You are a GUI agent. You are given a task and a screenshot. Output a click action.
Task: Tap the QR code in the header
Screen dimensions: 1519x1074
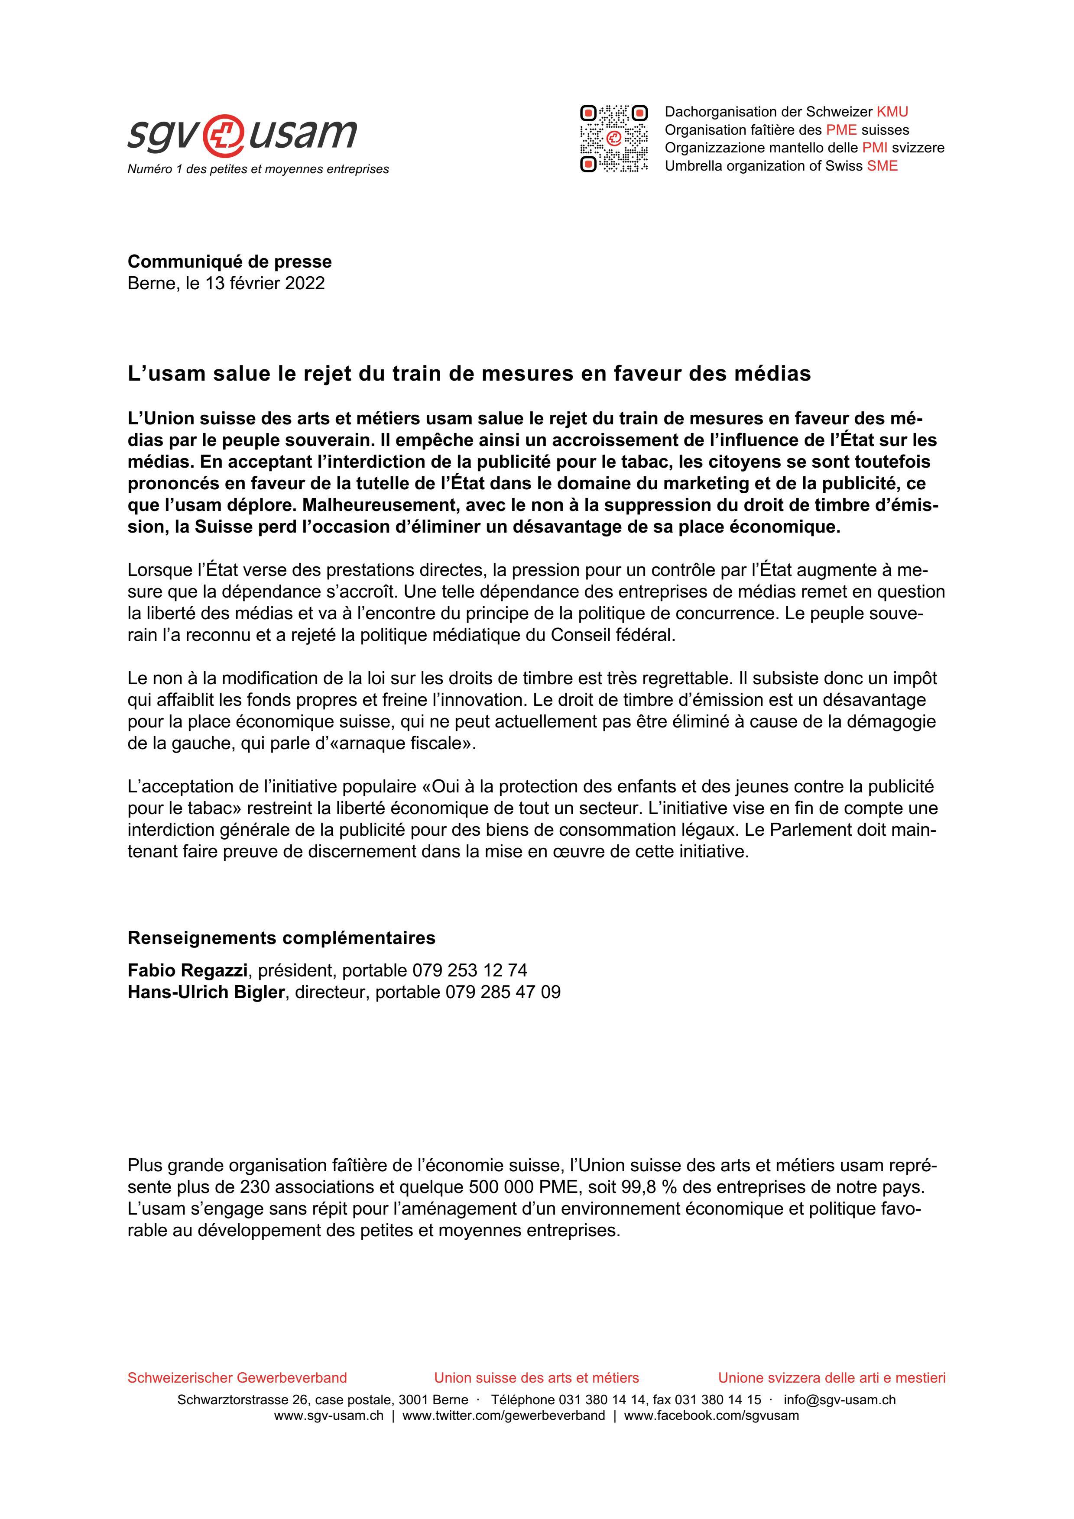613,139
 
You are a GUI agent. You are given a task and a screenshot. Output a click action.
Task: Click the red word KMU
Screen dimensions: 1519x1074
892,112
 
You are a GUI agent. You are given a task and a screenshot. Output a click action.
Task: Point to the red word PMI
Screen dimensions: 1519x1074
875,148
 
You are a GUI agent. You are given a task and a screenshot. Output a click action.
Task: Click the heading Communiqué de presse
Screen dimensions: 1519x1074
230,262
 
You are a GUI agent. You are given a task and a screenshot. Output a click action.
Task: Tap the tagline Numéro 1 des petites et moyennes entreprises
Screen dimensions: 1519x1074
258,169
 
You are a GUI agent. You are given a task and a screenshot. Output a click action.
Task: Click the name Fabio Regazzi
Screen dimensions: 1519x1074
187,970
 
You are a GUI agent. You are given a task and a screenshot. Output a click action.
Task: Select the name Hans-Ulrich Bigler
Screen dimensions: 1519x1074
206,992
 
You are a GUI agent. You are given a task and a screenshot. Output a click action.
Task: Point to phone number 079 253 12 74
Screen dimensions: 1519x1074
470,970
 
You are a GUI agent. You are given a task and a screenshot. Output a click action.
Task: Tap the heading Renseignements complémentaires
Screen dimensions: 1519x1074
281,938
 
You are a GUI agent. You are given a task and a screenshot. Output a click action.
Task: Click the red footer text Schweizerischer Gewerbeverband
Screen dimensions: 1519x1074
237,1378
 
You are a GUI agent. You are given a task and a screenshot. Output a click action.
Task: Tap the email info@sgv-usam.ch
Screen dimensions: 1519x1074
839,1400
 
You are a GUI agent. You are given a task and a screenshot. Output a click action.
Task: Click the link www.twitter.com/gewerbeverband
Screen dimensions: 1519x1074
503,1416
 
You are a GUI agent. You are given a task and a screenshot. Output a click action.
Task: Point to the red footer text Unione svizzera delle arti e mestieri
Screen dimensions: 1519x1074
832,1378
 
